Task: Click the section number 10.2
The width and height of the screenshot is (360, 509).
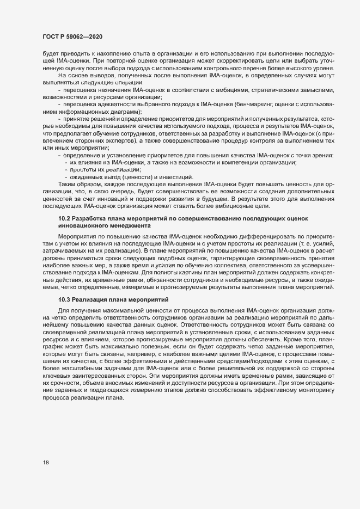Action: tap(64, 218)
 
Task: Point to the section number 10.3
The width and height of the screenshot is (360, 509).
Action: tap(64, 300)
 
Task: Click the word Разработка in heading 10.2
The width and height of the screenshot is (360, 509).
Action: tap(90, 218)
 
